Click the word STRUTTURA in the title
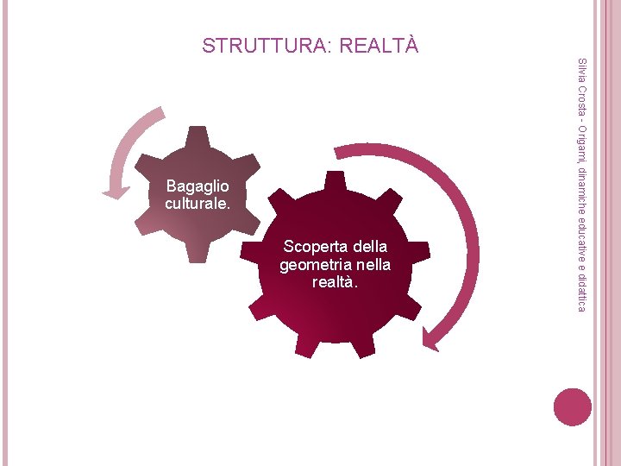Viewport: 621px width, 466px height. tap(259, 45)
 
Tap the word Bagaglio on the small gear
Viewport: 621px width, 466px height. tap(198, 187)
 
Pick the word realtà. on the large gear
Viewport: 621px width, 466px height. tap(335, 281)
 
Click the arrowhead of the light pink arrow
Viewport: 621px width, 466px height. tap(115, 191)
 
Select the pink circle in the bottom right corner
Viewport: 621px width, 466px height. tap(574, 406)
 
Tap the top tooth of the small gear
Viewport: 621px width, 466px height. tap(198, 135)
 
